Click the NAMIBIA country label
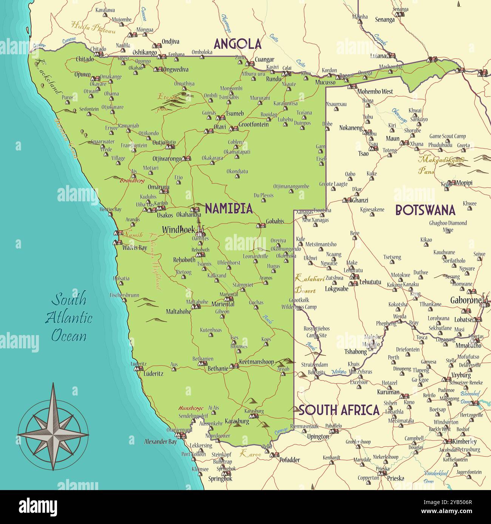pos(229,208)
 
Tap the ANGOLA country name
pos(238,44)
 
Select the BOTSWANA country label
pos(425,210)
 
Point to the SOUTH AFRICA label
pos(339,410)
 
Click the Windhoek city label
pos(178,229)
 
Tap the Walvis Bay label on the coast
pos(134,248)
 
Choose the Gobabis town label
pos(275,221)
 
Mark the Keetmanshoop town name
pos(256,362)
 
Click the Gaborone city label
pos(466,300)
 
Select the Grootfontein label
pos(253,124)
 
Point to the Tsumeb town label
pos(235,113)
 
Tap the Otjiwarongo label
pos(167,159)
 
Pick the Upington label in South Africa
pos(318,437)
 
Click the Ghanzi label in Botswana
pos(360,200)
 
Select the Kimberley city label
pos(465,441)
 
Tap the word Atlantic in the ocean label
pos(69,317)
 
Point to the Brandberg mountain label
pos(132,181)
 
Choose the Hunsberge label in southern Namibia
pos(191,408)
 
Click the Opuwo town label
pos(82,74)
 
